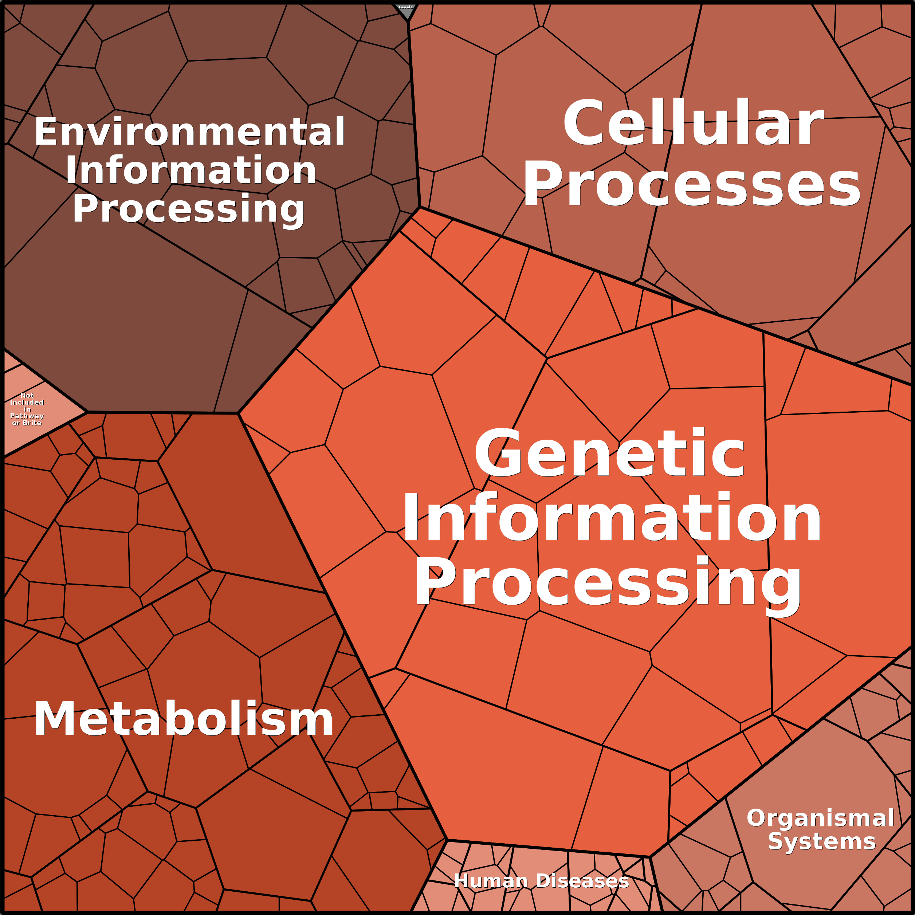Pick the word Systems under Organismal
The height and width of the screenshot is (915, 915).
[822, 841]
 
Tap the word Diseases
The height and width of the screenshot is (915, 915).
[582, 881]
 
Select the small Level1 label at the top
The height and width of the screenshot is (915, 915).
[405, 7]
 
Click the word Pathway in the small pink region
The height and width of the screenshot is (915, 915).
[27, 416]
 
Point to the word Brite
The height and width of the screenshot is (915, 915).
[32, 423]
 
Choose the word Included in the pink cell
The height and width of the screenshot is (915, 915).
[27, 402]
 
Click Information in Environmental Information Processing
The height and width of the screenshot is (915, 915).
[191, 170]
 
